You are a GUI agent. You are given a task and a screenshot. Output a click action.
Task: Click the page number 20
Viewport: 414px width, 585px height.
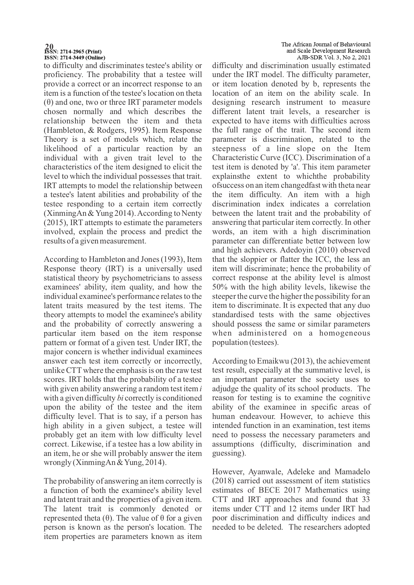[x=49, y=46]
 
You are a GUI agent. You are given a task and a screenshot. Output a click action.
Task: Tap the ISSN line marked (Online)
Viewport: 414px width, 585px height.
[x=75, y=57]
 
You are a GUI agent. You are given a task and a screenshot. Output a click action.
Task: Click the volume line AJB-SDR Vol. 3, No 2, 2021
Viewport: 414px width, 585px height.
[x=333, y=57]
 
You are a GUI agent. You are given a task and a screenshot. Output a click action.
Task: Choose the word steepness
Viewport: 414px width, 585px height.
[x=229, y=149]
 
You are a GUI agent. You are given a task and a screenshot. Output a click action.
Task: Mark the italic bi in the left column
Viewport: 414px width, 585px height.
[x=120, y=398]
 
